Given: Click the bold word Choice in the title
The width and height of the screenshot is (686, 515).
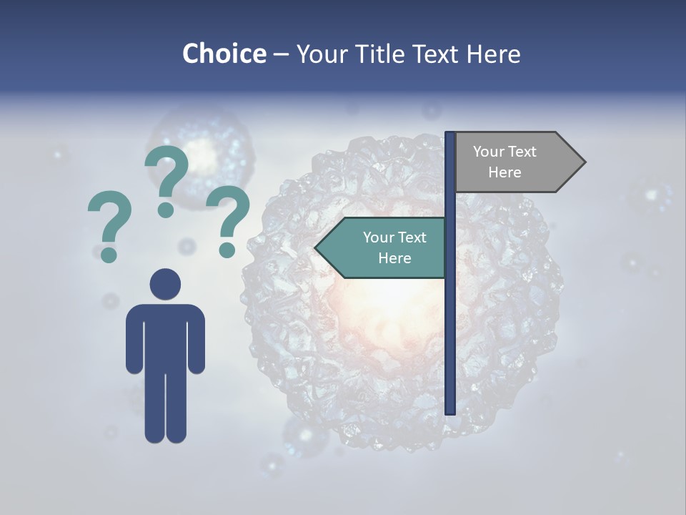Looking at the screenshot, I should pyautogui.click(x=224, y=54).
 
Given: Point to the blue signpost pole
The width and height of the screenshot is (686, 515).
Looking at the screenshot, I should pyautogui.click(x=450, y=322).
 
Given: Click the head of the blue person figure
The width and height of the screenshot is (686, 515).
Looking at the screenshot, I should pyautogui.click(x=165, y=284).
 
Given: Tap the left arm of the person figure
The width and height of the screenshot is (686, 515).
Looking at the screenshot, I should pyautogui.click(x=134, y=340).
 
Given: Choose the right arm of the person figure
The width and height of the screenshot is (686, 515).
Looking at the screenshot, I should pyautogui.click(x=197, y=340).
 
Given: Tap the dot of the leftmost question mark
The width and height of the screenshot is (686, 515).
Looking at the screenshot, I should pyautogui.click(x=109, y=254).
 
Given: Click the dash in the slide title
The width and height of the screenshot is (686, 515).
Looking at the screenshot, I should pyautogui.click(x=281, y=55).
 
